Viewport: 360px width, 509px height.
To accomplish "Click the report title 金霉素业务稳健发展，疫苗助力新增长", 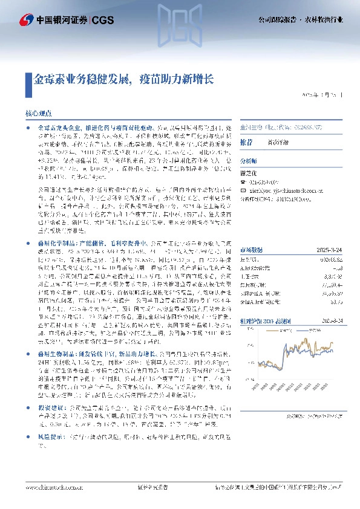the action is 123,79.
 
